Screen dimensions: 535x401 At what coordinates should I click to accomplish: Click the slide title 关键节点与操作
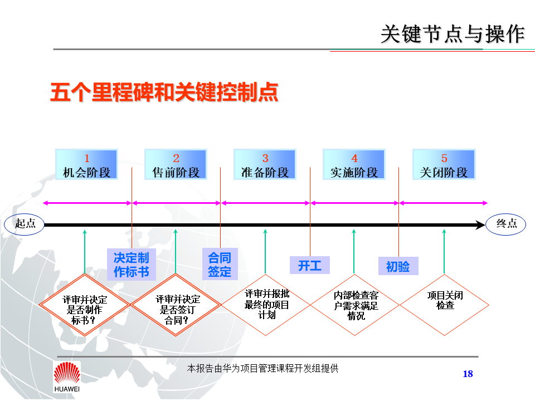[x=453, y=34]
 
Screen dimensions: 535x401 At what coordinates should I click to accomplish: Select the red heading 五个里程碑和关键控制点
[x=164, y=92]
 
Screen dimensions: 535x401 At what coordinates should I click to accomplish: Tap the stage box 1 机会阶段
[x=86, y=165]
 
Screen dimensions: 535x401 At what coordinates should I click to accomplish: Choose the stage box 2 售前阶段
[x=176, y=165]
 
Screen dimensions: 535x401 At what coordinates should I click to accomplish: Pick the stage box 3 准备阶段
[x=265, y=165]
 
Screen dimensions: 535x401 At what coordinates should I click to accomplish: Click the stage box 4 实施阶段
[x=354, y=165]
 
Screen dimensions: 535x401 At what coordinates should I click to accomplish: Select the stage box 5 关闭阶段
[x=444, y=165]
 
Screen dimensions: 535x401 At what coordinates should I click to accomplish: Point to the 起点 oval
[x=25, y=224]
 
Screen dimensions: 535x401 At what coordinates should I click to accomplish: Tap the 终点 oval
[x=506, y=224]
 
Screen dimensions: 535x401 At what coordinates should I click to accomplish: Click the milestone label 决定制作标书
[x=132, y=265]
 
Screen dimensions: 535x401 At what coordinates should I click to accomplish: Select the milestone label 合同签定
[x=220, y=265]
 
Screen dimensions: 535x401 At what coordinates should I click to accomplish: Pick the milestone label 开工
[x=309, y=265]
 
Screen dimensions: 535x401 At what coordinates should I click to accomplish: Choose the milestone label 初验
[x=398, y=267]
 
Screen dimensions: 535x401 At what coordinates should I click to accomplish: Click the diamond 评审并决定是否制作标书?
[x=84, y=305]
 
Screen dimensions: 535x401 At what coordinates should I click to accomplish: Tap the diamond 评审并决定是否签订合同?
[x=176, y=305]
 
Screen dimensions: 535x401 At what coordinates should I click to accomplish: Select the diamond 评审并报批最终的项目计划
[x=266, y=305]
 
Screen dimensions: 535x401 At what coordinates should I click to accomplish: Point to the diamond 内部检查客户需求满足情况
[x=355, y=305]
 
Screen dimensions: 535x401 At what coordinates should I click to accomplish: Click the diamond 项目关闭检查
[x=445, y=305]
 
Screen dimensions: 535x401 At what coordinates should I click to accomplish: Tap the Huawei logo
[x=67, y=376]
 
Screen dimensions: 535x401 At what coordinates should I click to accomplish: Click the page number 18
[x=468, y=374]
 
